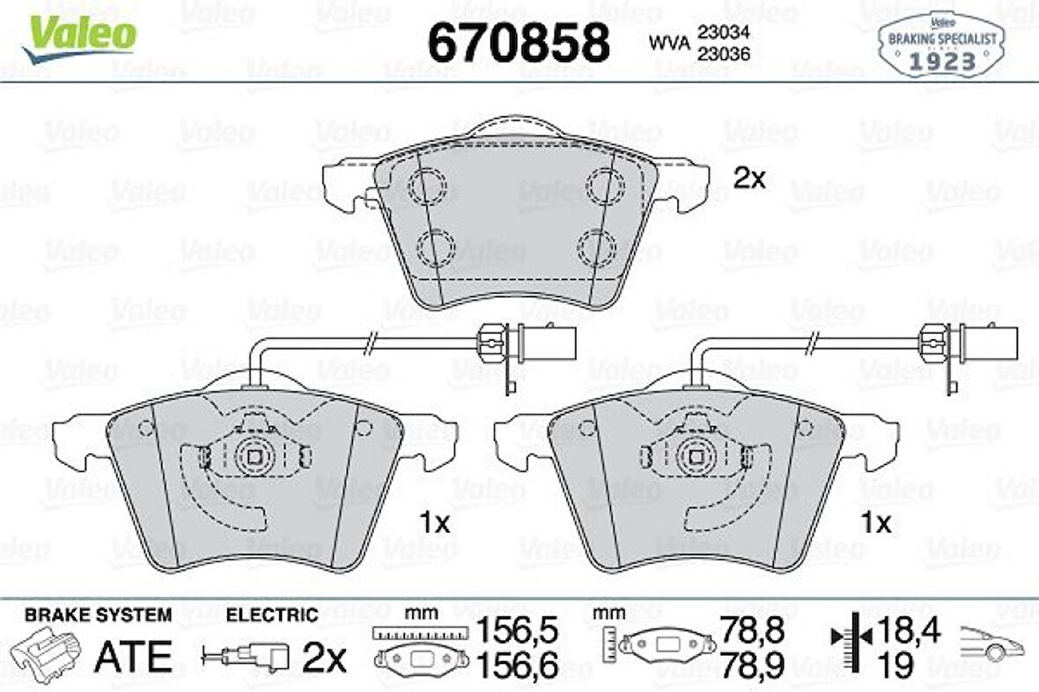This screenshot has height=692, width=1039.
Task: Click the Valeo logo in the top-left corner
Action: tap(79, 38)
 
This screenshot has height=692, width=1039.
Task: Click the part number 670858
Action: tap(519, 42)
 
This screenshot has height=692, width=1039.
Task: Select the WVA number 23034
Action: tap(723, 32)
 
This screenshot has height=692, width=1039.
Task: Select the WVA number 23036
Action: tap(723, 55)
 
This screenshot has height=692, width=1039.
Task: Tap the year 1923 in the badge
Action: tap(942, 62)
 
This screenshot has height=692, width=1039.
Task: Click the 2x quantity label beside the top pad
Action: tap(749, 178)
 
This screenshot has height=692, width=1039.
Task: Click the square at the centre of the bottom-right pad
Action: tap(696, 457)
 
